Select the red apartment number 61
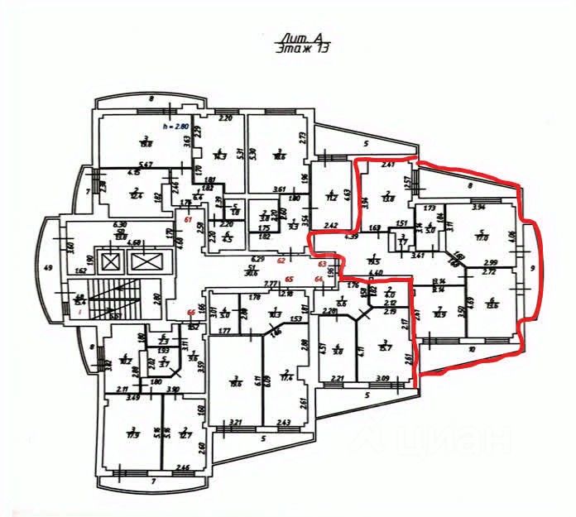(189, 219)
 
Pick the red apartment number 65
(290, 280)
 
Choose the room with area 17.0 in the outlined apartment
(480, 236)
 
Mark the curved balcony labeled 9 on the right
(533, 269)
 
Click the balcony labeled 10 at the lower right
(472, 350)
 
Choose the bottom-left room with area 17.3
(132, 433)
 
